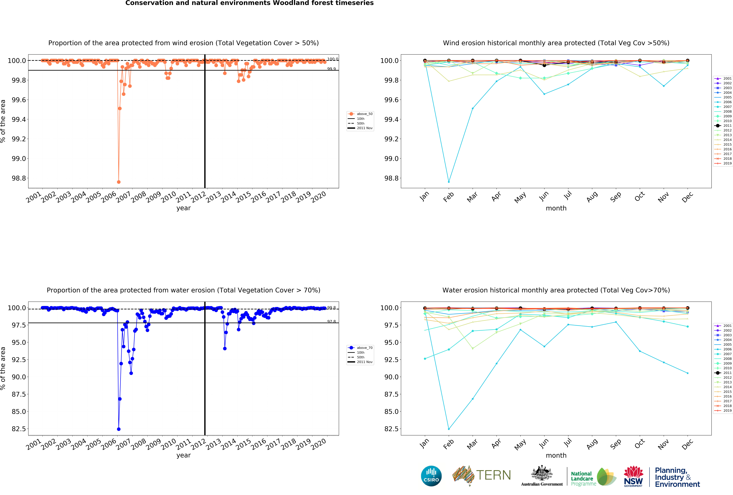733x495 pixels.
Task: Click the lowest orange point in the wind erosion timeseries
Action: tap(119, 182)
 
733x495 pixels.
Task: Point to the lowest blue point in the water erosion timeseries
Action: tap(119, 429)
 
